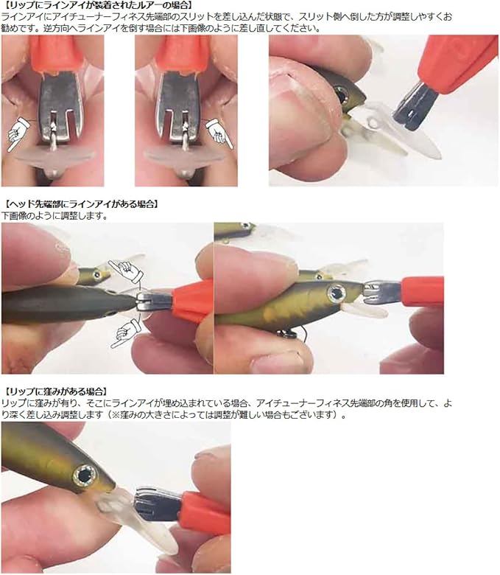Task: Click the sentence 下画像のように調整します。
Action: (x=55, y=216)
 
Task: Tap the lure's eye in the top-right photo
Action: (x=342, y=93)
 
